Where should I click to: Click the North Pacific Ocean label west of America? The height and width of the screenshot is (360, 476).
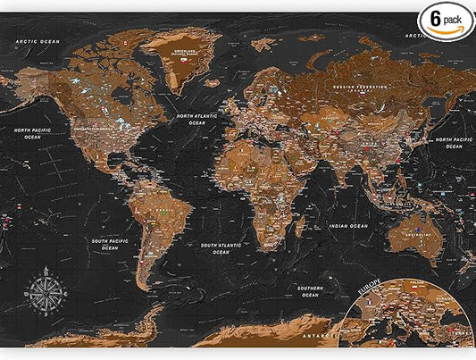[x=33, y=133]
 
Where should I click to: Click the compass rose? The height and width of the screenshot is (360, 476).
[x=42, y=293]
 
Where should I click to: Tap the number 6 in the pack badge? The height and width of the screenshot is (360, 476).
[x=438, y=17]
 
